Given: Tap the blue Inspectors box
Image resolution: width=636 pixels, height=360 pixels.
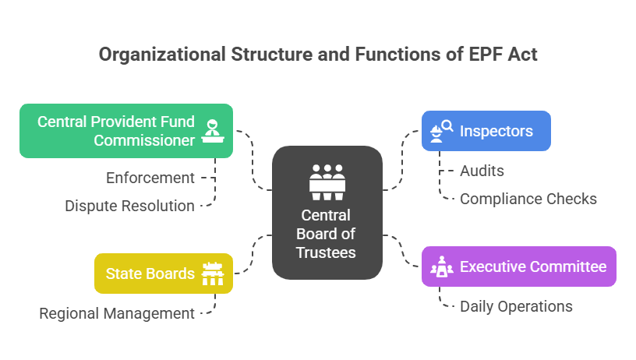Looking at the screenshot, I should [x=486, y=130].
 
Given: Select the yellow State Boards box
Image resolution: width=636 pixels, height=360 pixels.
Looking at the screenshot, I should [x=163, y=274].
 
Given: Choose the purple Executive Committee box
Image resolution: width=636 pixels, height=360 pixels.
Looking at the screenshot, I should [x=518, y=266].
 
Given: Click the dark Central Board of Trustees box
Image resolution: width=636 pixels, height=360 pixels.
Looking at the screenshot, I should [x=327, y=212].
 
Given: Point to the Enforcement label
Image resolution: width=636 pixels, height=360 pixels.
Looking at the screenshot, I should [x=150, y=178].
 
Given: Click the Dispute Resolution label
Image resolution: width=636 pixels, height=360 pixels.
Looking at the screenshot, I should [x=129, y=206].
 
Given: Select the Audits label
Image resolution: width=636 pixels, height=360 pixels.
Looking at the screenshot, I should [x=482, y=171].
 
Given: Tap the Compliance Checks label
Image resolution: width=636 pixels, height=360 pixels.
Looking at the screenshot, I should [x=528, y=199].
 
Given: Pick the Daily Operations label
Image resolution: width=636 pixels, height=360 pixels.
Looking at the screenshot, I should [x=516, y=306].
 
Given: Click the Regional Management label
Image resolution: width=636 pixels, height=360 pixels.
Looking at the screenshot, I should [x=117, y=313].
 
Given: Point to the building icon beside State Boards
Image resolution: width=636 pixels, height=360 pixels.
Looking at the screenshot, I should [x=212, y=274].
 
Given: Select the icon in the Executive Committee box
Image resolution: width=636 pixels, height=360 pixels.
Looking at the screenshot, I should [x=441, y=266].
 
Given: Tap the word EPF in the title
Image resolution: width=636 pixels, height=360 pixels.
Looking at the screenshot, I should [x=484, y=55].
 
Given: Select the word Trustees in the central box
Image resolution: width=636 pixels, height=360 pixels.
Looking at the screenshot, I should [x=326, y=252].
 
